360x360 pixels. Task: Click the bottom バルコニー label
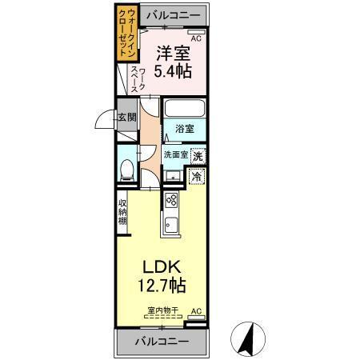(162, 342)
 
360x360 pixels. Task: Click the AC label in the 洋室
(195, 36)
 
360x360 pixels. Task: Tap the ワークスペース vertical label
(138, 82)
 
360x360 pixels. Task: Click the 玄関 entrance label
(128, 117)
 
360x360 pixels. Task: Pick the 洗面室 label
(175, 154)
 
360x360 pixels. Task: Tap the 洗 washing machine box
(197, 156)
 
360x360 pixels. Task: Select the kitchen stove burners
(170, 199)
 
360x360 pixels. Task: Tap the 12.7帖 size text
(164, 284)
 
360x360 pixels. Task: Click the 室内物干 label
(162, 310)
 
